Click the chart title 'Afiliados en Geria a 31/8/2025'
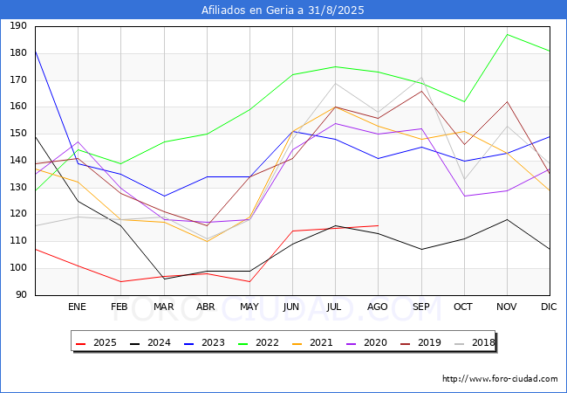[x=283, y=10]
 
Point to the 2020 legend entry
[x=372, y=342]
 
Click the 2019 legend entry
[x=426, y=342]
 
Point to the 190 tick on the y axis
[x=17, y=27]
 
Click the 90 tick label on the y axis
[x=20, y=295]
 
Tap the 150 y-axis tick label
[x=17, y=134]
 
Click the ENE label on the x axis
[x=77, y=307]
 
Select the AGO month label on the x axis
[x=378, y=307]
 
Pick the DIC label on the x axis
[x=549, y=307]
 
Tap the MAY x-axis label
[x=249, y=307]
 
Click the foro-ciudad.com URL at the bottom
[x=500, y=379]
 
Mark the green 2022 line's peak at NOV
[x=507, y=35]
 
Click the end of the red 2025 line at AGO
[x=378, y=225]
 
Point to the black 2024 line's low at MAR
[x=163, y=279]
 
